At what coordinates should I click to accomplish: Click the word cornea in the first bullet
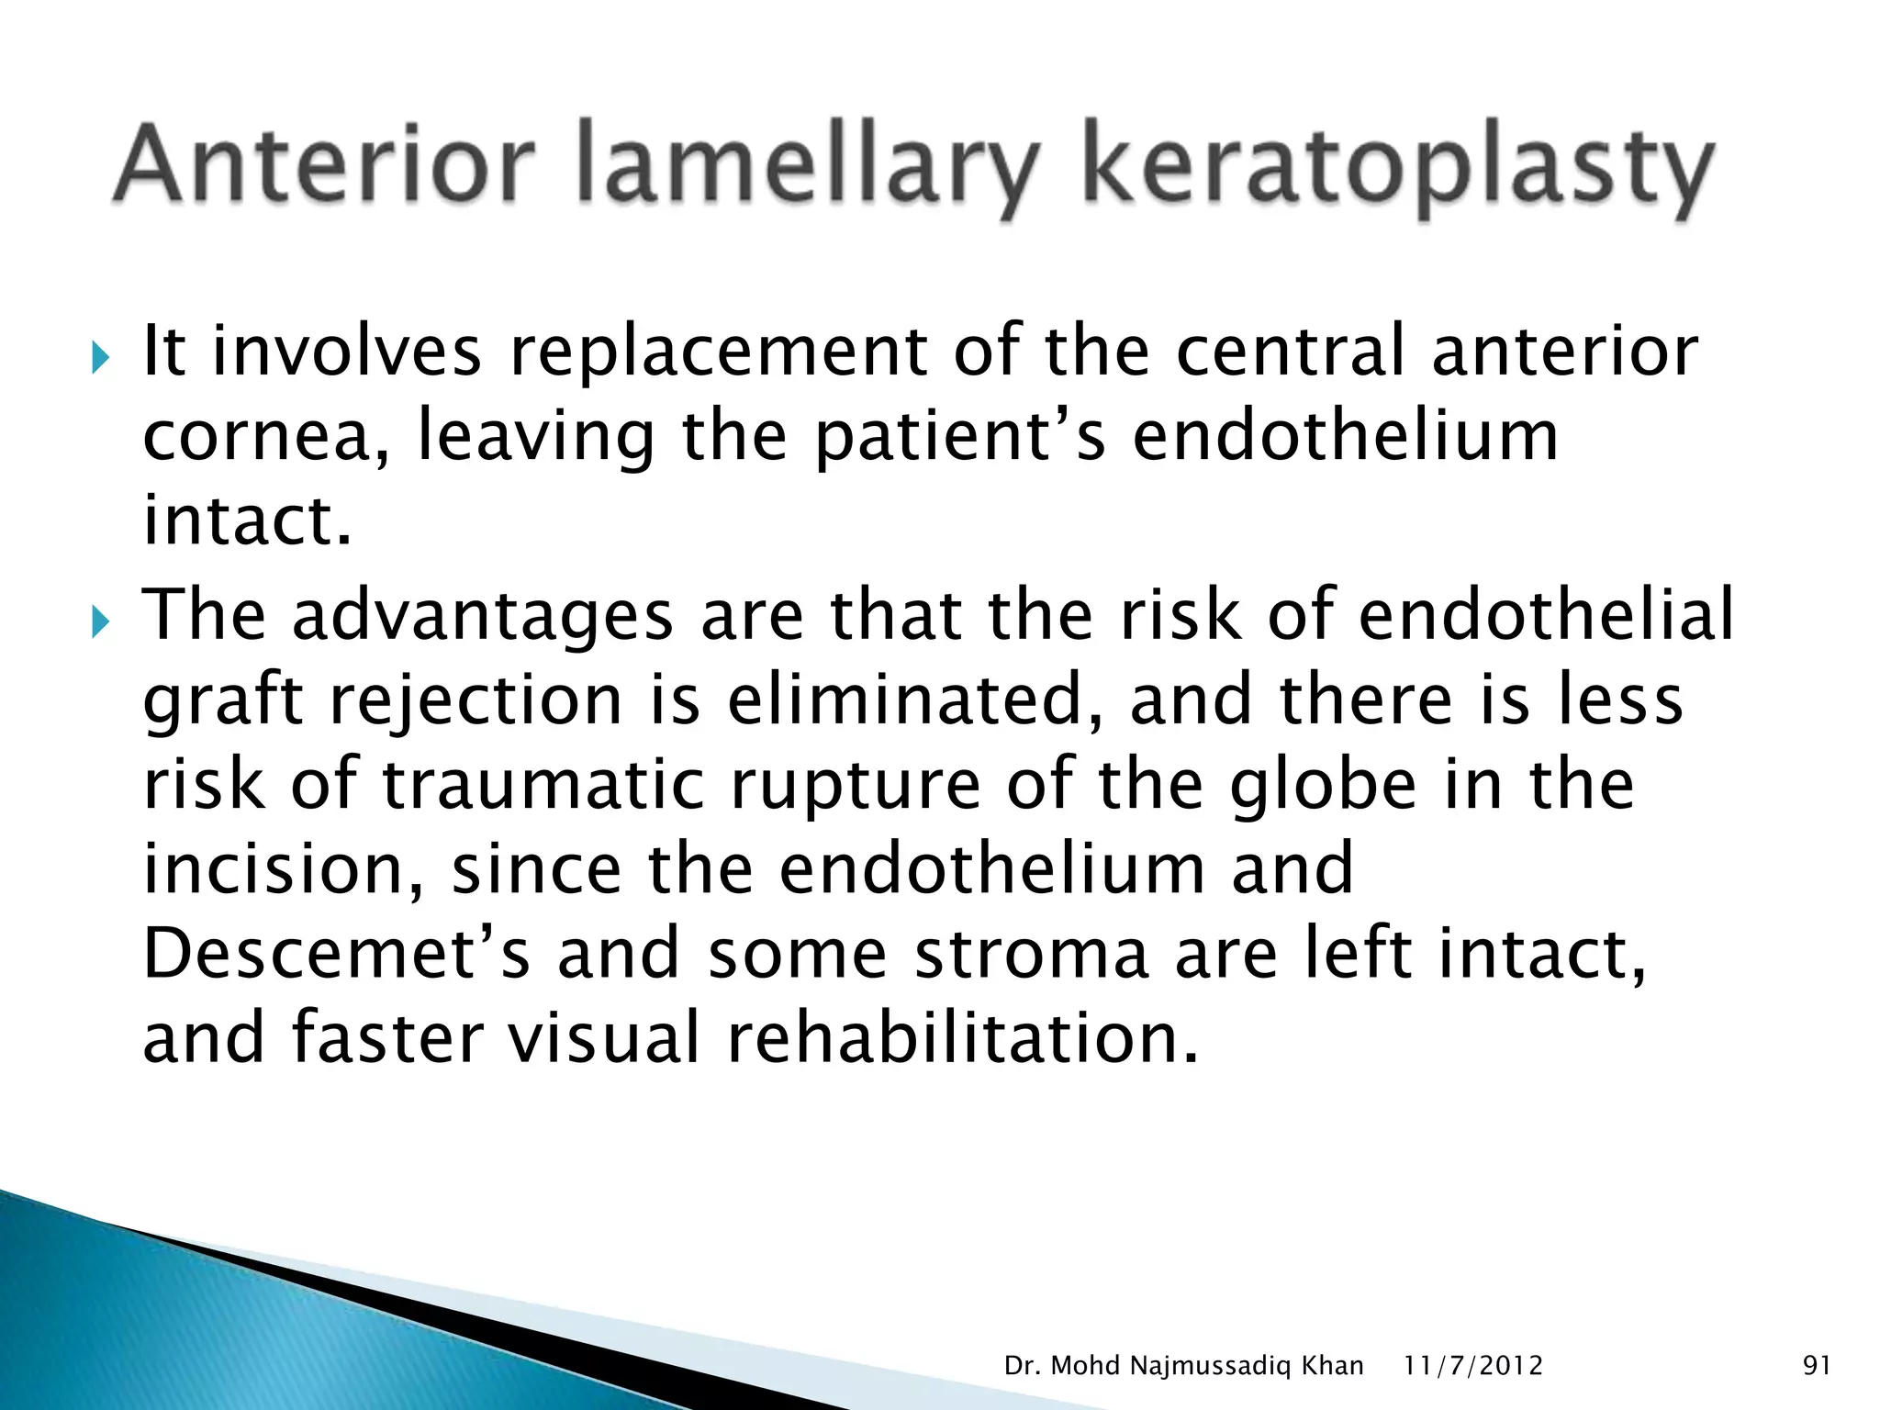pos(266,439)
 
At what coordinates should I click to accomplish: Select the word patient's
pos(959,439)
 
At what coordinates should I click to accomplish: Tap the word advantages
pos(482,617)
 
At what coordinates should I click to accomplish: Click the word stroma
pos(1032,955)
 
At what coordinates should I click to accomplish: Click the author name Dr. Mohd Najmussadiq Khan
pos(1183,1366)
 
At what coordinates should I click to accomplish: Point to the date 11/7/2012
pos(1473,1366)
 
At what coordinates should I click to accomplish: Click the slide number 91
pos(1817,1366)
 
